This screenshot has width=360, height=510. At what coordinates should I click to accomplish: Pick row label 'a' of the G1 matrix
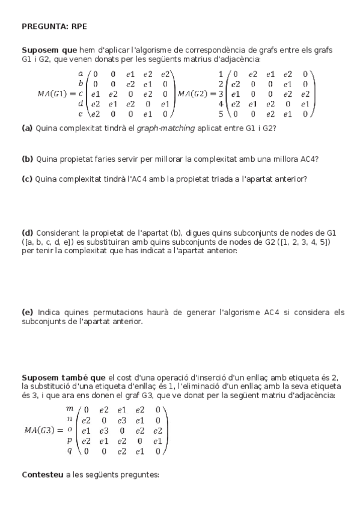coord(80,73)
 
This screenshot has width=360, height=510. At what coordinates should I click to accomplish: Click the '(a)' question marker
coord(27,127)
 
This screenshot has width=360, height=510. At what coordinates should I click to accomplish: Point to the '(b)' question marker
coord(27,159)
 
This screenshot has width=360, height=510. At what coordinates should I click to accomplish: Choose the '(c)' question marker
coord(27,179)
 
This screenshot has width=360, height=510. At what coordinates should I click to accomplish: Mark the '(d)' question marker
coord(27,232)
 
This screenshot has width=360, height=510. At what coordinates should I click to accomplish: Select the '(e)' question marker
coord(27,312)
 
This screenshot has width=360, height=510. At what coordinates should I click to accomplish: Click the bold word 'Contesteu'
coord(43,475)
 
